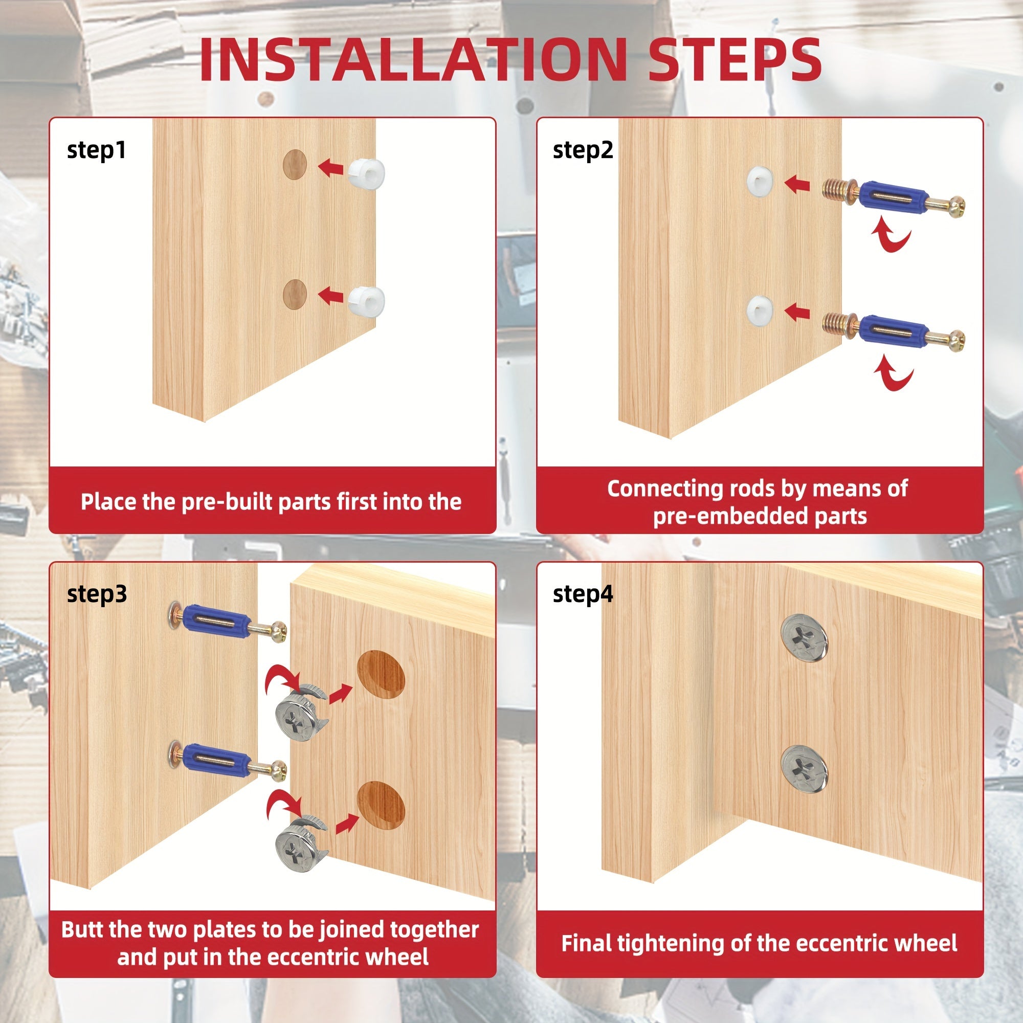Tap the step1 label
[x=96, y=151]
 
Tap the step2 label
[x=583, y=151]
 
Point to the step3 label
[x=97, y=594]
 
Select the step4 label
[x=583, y=594]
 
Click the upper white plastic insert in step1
[x=367, y=171]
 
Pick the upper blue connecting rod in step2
[x=893, y=198]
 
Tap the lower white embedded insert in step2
[x=761, y=311]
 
